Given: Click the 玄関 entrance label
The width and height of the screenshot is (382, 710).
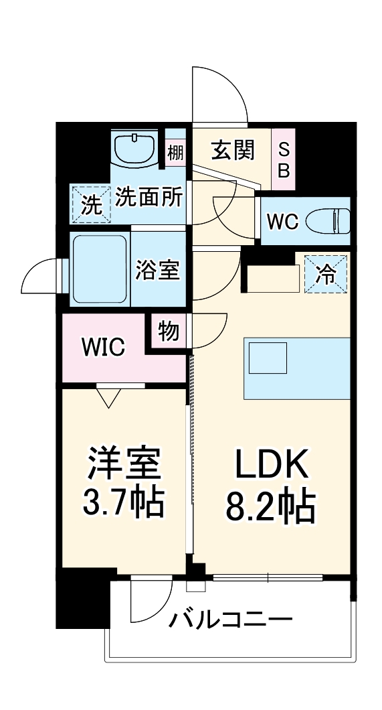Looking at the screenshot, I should point(233,151).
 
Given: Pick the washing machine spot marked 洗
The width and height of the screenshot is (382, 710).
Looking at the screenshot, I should point(90,204).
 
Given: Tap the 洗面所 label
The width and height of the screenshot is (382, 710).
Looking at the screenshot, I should point(149,196).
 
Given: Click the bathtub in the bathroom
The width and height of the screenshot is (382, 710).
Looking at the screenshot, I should point(100,268).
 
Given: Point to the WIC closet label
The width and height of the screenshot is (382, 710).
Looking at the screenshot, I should point(103,346).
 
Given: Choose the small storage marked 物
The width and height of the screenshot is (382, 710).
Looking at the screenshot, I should point(169,330).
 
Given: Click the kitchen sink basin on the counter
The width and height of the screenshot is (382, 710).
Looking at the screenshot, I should point(268,357).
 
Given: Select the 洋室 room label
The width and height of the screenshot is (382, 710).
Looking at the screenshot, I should point(123,464).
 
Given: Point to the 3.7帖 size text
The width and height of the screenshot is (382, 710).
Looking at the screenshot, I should point(123,504).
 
